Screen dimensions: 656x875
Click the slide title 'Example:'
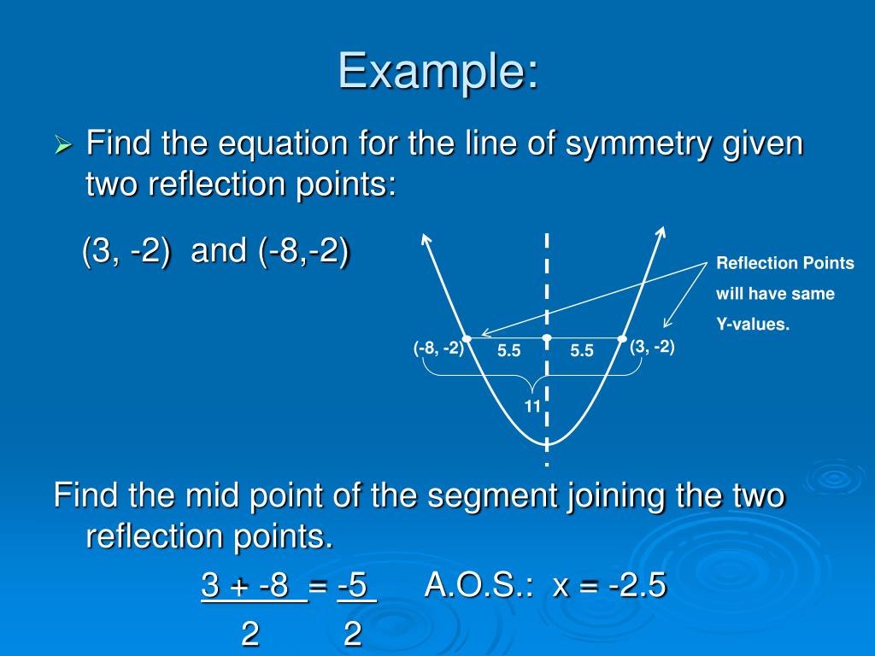coord(438,71)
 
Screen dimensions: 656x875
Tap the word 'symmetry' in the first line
coord(624,143)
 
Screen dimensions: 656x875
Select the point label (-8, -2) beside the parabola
coord(438,348)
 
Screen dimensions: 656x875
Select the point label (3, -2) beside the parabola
coord(652,347)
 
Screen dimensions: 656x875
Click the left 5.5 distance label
coord(508,351)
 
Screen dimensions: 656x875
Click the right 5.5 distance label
coord(582,351)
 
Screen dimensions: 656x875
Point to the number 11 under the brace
coord(532,407)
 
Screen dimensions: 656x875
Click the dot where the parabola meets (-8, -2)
coord(467,338)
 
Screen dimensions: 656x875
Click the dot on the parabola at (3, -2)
coord(623,338)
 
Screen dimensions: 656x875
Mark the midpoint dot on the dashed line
coord(547,338)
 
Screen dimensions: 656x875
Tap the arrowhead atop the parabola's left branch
coord(423,240)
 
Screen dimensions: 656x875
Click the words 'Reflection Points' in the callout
coord(784,263)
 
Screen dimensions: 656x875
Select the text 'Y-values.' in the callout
coord(753,325)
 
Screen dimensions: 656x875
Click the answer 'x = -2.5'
coord(609,586)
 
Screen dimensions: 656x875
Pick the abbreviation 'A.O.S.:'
coord(479,586)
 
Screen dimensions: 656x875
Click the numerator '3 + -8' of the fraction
coord(253,586)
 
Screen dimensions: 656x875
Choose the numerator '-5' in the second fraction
coord(355,586)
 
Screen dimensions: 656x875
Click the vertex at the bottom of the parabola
coord(547,444)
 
